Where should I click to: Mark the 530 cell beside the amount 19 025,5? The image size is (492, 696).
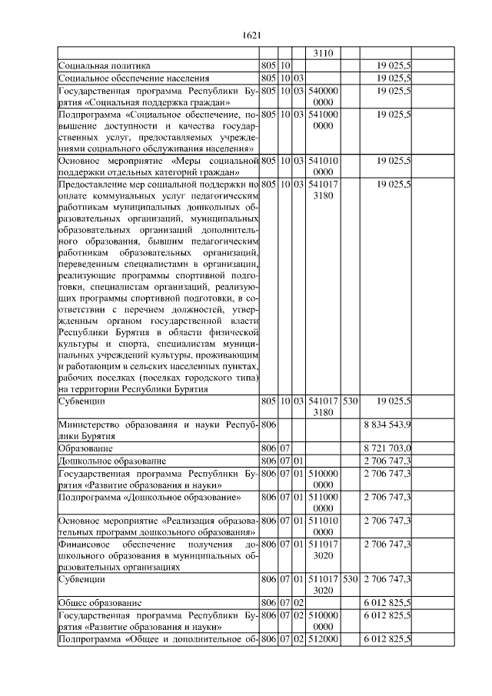coord(351,401)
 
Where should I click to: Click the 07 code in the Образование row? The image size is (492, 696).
coord(284,448)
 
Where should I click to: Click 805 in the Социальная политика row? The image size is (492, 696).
coord(268,66)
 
